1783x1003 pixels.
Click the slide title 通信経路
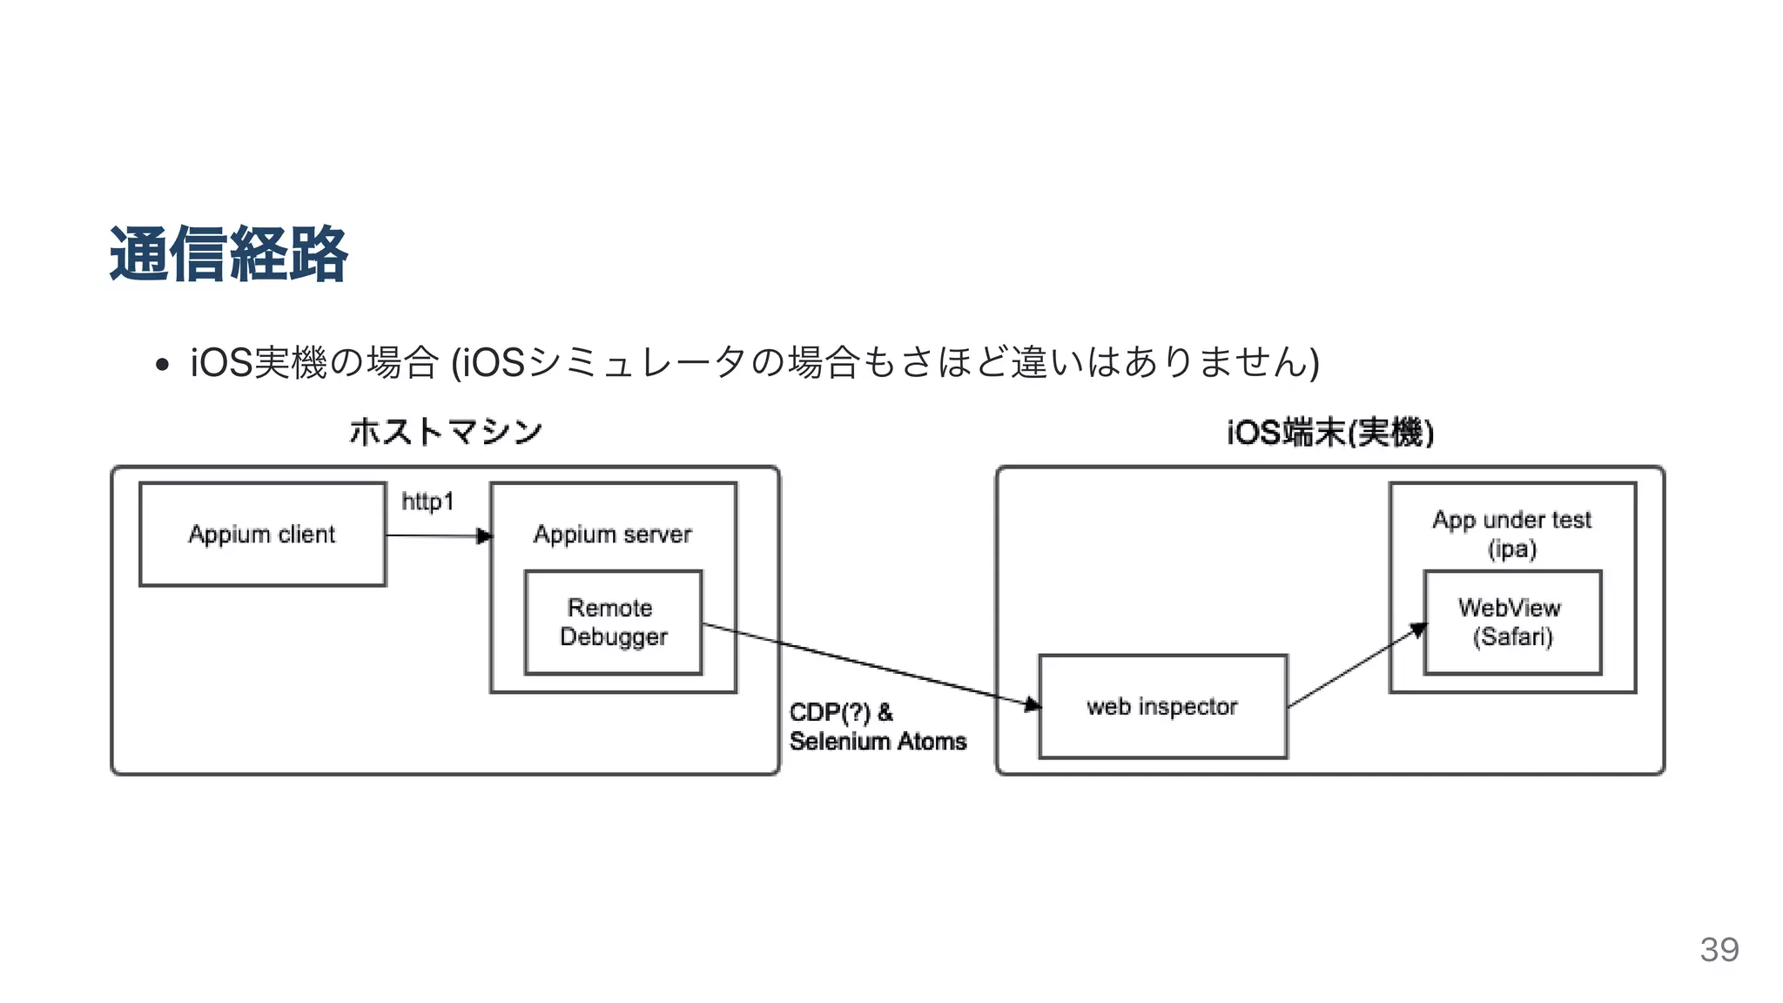pos(228,254)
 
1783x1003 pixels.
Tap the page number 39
pos(1719,949)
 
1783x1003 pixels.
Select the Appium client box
pos(262,534)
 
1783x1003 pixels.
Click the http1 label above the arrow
pos(427,501)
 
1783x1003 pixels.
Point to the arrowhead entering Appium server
pos(485,536)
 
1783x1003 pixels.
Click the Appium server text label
pos(612,534)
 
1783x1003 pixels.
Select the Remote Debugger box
pos(613,622)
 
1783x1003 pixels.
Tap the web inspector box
pos(1162,706)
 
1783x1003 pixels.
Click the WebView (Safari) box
pos(1511,622)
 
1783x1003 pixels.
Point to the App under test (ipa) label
pos(1511,533)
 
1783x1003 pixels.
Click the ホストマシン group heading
pos(445,432)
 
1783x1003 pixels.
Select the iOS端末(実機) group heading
pos(1329,432)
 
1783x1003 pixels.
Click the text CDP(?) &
pos(840,712)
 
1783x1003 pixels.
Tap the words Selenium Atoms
pos(878,741)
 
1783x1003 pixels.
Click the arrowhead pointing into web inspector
pos(1033,703)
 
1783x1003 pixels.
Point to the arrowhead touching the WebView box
pos(1418,629)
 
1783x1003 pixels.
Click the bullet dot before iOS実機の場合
pos(161,364)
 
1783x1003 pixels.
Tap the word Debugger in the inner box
pos(613,636)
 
